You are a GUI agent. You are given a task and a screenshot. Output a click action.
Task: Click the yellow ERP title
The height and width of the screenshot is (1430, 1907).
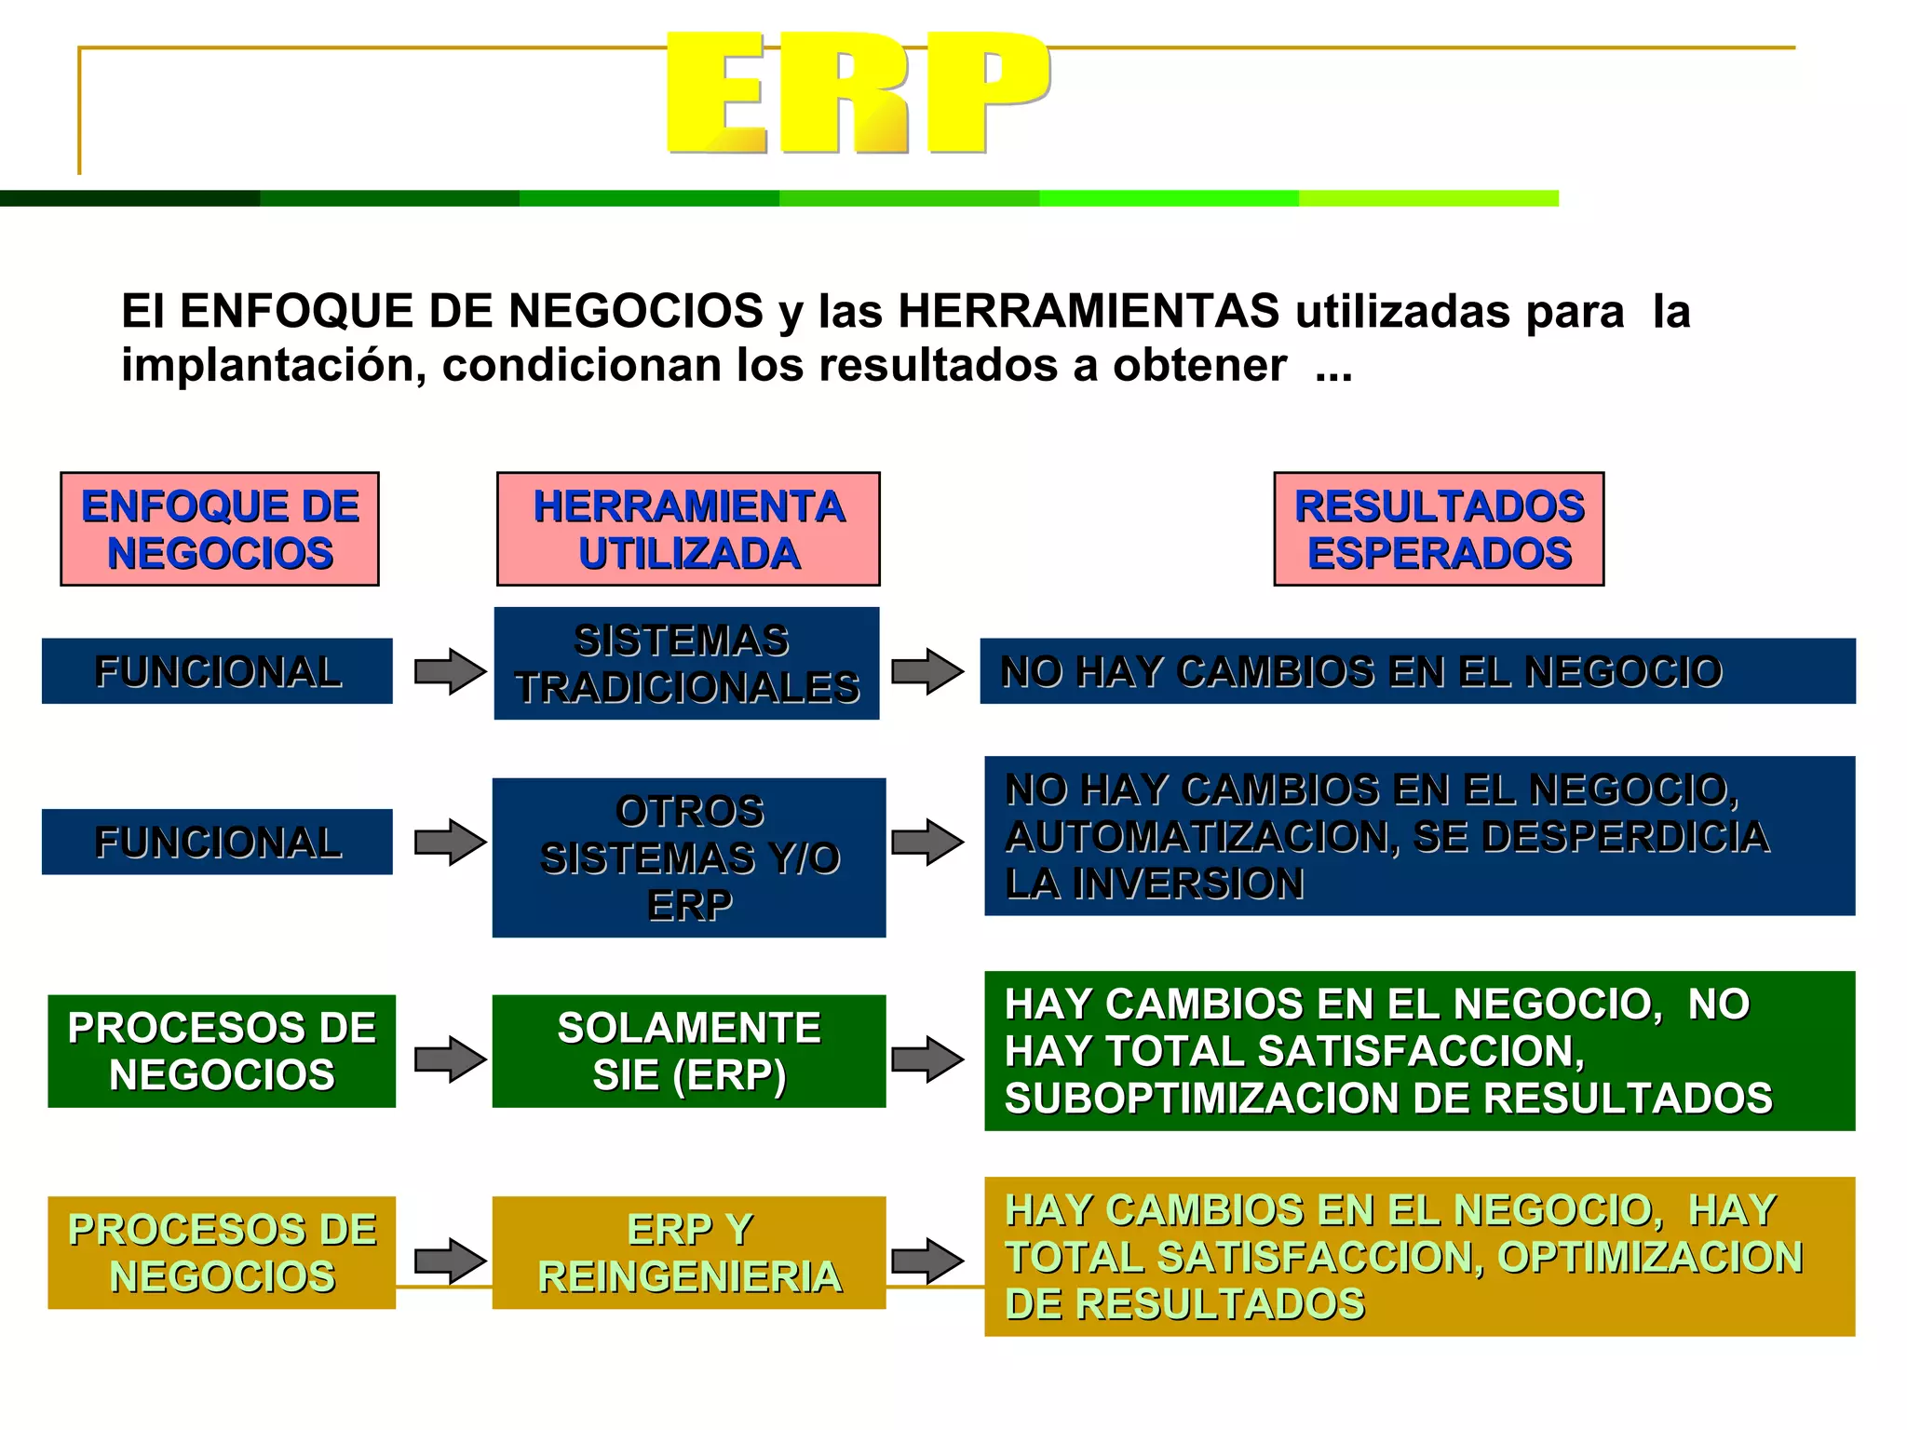[x=857, y=93]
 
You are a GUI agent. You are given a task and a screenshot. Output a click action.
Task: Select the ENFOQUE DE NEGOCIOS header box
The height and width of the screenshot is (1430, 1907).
[x=220, y=529]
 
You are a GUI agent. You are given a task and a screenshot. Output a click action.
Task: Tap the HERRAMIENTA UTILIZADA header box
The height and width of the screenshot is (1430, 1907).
[x=688, y=529]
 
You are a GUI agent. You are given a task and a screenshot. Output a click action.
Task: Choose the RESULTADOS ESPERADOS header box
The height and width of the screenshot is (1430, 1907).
[x=1439, y=529]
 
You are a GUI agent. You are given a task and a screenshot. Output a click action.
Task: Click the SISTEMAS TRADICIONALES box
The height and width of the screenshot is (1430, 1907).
[x=686, y=664]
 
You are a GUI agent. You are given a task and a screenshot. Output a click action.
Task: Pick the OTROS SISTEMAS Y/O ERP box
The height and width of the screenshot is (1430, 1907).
[x=689, y=857]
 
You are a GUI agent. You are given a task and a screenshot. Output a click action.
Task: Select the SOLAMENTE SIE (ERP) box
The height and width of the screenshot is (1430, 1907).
[x=689, y=1051]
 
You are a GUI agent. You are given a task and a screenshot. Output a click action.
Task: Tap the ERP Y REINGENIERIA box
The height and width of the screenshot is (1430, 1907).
[x=689, y=1253]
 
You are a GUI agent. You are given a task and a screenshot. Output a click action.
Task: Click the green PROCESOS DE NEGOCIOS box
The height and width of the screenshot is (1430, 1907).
[x=222, y=1051]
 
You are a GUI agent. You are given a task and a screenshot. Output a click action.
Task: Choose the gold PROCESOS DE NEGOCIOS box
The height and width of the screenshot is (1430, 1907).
[x=222, y=1253]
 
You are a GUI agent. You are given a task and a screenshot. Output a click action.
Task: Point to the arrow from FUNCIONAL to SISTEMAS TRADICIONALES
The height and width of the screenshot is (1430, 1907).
[x=450, y=671]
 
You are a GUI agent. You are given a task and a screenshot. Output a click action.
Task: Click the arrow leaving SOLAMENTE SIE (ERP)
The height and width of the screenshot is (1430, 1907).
[x=927, y=1059]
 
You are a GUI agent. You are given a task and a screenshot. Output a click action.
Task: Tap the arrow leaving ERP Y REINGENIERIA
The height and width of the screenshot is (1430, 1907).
[x=927, y=1261]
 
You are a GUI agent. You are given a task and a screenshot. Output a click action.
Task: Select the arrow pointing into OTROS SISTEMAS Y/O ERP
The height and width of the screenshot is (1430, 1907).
[x=450, y=843]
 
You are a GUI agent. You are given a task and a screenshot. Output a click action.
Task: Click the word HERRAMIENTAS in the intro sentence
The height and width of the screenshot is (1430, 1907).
[x=1089, y=311]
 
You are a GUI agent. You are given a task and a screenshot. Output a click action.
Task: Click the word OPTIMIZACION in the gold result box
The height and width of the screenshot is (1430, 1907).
[x=1650, y=1257]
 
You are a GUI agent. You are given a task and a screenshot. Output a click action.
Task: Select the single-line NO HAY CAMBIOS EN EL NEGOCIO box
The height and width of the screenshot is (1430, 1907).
[x=1417, y=671]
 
